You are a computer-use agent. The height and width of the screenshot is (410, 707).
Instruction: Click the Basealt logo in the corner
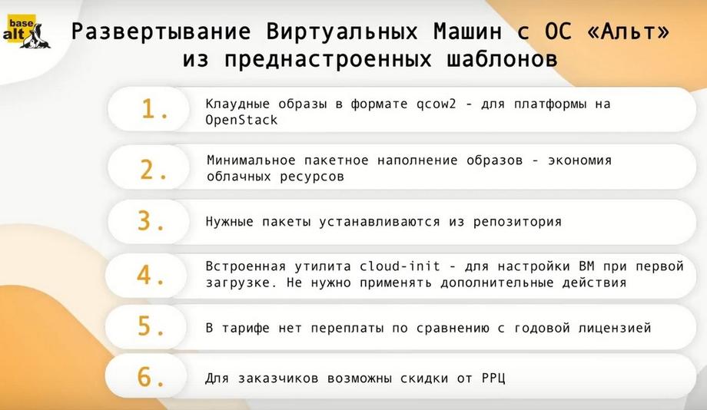click(27, 31)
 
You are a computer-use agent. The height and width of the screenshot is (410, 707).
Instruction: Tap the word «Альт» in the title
click(628, 31)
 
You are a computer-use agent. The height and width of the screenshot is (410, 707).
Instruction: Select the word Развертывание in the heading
click(161, 32)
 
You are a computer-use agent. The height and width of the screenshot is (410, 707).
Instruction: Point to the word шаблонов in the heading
click(502, 59)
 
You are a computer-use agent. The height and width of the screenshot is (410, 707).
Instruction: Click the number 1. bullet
click(154, 109)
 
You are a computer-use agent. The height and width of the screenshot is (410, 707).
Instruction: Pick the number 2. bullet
click(154, 170)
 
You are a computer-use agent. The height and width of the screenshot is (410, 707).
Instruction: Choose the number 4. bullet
click(151, 275)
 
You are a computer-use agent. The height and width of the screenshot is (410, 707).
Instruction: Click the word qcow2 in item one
click(436, 104)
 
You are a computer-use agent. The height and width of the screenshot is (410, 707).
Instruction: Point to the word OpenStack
click(241, 121)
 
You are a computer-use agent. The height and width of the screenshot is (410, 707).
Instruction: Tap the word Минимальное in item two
click(251, 160)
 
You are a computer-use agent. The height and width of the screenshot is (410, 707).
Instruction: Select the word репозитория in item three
click(517, 222)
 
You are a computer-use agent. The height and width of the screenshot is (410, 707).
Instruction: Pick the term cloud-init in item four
click(400, 266)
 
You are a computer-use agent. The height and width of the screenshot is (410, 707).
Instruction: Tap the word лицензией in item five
click(615, 328)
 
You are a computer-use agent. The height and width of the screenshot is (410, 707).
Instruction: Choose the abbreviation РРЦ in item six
click(493, 379)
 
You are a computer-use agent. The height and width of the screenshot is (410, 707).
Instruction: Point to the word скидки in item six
click(424, 379)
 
